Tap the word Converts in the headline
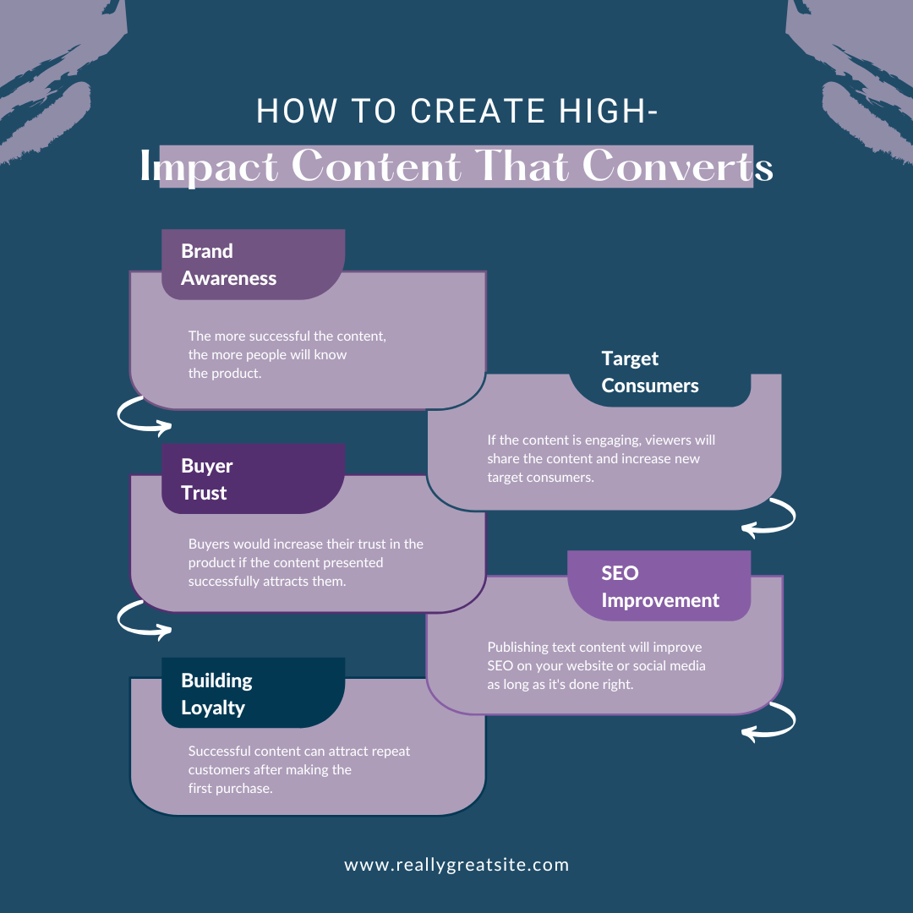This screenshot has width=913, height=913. [677, 167]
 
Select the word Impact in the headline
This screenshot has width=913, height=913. [211, 167]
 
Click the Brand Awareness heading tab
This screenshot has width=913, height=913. [253, 265]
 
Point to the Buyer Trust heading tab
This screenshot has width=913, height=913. [253, 478]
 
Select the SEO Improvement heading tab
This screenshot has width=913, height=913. [659, 586]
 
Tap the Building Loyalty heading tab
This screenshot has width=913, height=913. [253, 693]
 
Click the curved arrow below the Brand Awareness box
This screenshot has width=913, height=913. [144, 415]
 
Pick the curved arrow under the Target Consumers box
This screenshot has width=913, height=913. [769, 517]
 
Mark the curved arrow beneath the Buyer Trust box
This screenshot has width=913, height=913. [144, 618]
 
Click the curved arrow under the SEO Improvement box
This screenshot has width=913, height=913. [769, 721]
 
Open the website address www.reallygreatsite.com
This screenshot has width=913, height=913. [456, 865]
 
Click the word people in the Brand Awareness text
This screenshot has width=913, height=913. [271, 354]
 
